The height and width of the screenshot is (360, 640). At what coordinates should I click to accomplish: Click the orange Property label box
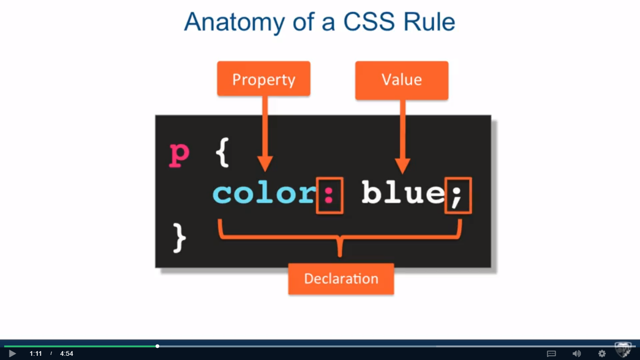[264, 79]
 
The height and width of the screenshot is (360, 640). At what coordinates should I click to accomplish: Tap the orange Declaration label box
[341, 279]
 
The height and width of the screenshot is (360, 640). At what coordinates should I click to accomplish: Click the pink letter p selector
[179, 155]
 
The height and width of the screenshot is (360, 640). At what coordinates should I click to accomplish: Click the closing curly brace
[179, 238]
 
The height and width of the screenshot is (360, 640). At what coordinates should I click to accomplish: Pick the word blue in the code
[402, 193]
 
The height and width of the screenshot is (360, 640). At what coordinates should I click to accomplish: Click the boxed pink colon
[329, 195]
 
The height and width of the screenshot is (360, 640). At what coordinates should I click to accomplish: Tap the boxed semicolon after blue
[458, 195]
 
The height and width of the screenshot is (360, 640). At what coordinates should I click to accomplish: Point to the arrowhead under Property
[265, 164]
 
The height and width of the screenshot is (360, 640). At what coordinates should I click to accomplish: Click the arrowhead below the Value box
[402, 166]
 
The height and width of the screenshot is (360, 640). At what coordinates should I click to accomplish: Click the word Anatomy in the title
[234, 22]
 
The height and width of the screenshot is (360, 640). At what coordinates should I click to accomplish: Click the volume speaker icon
[577, 353]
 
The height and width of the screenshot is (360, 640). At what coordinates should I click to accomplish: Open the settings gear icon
[602, 353]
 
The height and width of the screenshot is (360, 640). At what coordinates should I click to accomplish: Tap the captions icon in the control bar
[551, 353]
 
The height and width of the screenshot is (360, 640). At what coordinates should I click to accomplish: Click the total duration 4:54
[67, 353]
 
